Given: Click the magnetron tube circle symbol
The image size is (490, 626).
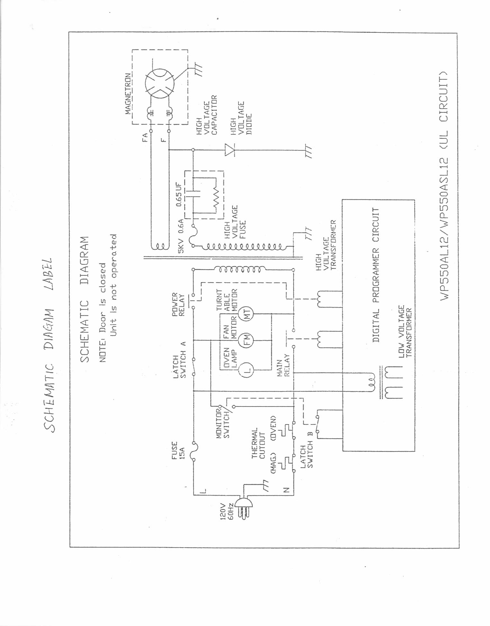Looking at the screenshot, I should click(159, 83).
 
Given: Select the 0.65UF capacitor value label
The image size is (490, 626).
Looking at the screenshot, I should click(179, 194).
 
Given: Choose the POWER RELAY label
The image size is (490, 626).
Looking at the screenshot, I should click(178, 304).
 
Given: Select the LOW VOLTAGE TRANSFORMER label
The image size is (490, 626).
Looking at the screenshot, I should click(405, 332).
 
